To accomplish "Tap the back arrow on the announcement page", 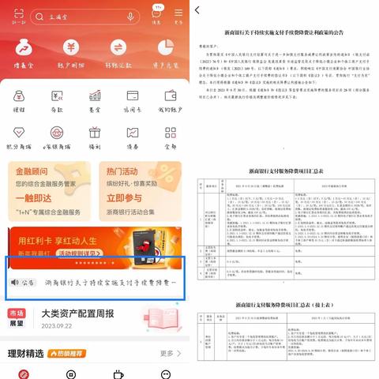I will [197, 10].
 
